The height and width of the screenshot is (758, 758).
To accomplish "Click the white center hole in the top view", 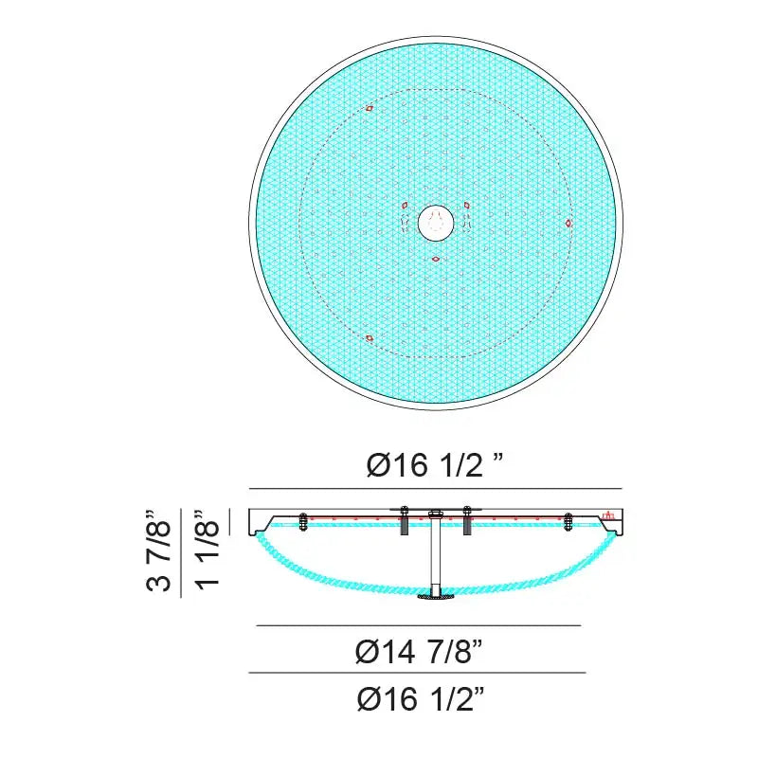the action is tap(436, 223).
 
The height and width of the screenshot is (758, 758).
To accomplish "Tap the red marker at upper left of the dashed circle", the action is tap(370, 109).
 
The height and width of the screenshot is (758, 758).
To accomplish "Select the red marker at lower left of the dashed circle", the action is tap(370, 338).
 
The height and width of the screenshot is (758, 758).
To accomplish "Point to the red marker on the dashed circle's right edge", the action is tap(568, 223).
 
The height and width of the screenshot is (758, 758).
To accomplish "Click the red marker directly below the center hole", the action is tap(436, 260).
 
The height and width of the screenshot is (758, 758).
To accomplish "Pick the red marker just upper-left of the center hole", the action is tap(406, 206).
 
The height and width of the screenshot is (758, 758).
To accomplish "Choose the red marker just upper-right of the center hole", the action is tap(466, 206).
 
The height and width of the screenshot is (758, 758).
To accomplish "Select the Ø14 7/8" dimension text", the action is tap(419, 652).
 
